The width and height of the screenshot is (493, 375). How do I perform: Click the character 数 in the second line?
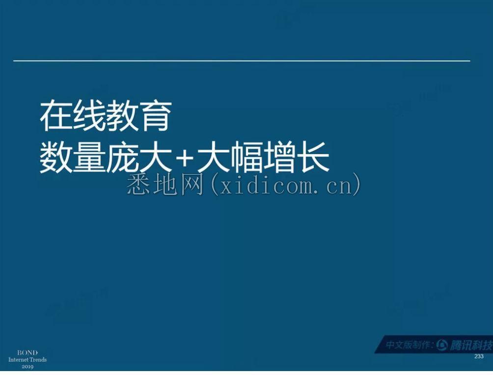coord(56,157)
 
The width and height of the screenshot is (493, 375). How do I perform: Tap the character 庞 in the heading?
coord(122,157)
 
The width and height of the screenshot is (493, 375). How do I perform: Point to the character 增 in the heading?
coord(280,157)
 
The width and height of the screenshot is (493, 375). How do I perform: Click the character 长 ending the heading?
coord(313,157)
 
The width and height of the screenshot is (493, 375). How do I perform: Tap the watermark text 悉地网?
coord(165,185)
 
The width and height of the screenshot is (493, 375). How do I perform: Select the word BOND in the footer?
coord(27,353)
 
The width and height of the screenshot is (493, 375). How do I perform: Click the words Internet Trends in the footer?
coord(27,360)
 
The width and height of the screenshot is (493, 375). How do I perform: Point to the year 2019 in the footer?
coord(27,367)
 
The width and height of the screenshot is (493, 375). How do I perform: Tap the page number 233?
coord(479,356)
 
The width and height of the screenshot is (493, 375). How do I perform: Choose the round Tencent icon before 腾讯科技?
coord(442,345)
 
